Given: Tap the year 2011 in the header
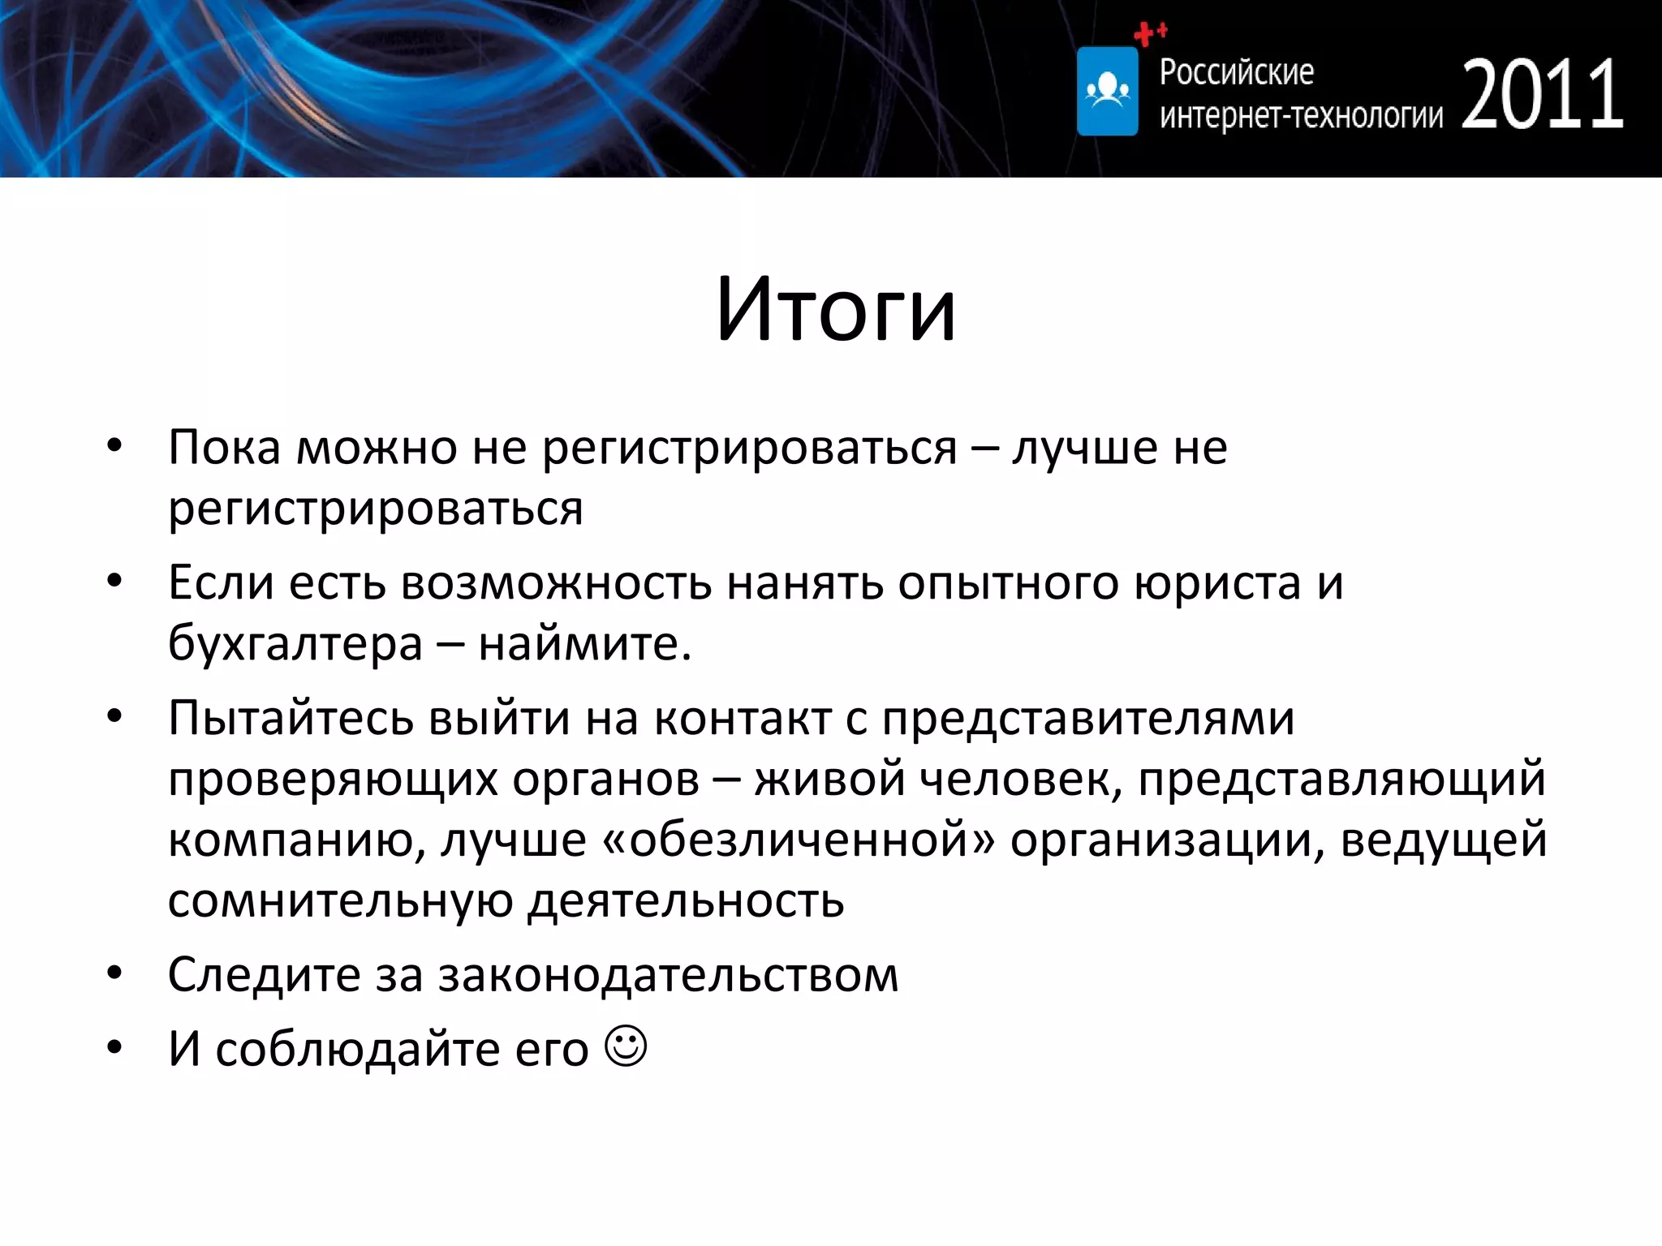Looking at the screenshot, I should click(x=1542, y=96).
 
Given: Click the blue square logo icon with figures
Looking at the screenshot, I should click(x=1107, y=91).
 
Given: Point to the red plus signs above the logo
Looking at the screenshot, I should click(x=1150, y=33).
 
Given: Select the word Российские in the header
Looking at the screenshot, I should click(x=1236, y=72).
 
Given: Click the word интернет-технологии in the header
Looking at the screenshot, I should click(x=1301, y=115).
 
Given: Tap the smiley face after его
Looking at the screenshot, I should click(x=626, y=1046).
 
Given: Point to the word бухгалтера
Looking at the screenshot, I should click(x=295, y=644).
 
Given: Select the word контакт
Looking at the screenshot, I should click(x=743, y=719).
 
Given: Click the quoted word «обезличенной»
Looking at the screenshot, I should click(x=799, y=840).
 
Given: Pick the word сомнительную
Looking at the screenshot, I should click(x=340, y=900).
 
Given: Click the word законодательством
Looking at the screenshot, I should click(x=668, y=975).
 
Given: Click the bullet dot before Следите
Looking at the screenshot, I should click(x=114, y=973).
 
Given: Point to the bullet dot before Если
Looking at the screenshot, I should click(x=114, y=581).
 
